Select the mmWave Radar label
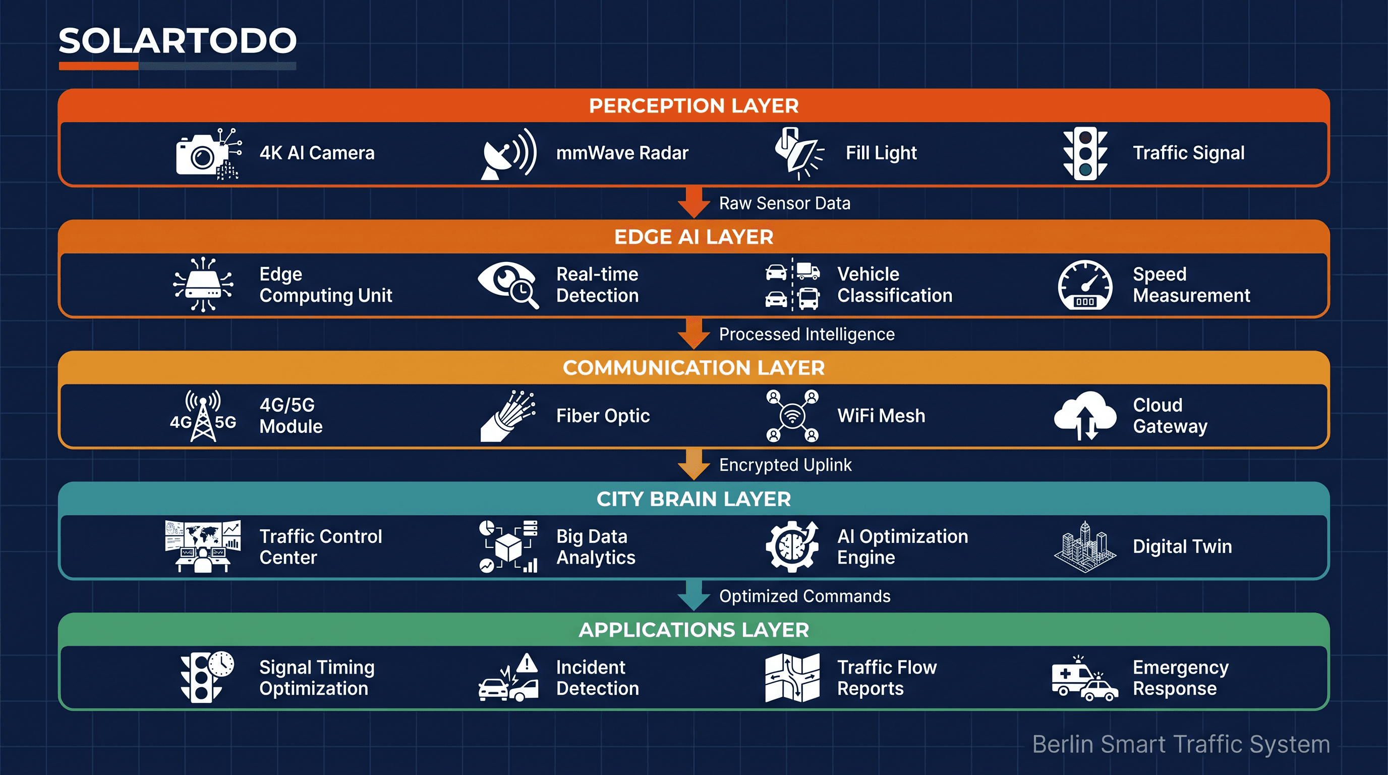click(622, 153)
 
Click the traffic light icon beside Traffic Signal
click(1085, 153)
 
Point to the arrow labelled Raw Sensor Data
click(693, 203)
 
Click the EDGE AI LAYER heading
click(693, 237)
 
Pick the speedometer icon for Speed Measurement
click(1085, 285)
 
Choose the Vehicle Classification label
click(894, 285)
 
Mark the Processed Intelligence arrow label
click(806, 334)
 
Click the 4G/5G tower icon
click(203, 416)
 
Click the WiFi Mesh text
click(881, 416)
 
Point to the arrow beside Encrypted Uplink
click(693, 465)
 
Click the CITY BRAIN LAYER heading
click(693, 499)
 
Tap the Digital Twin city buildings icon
click(1085, 546)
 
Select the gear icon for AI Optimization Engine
click(791, 546)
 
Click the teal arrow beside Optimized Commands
click(693, 595)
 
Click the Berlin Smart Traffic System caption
click(1181, 744)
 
